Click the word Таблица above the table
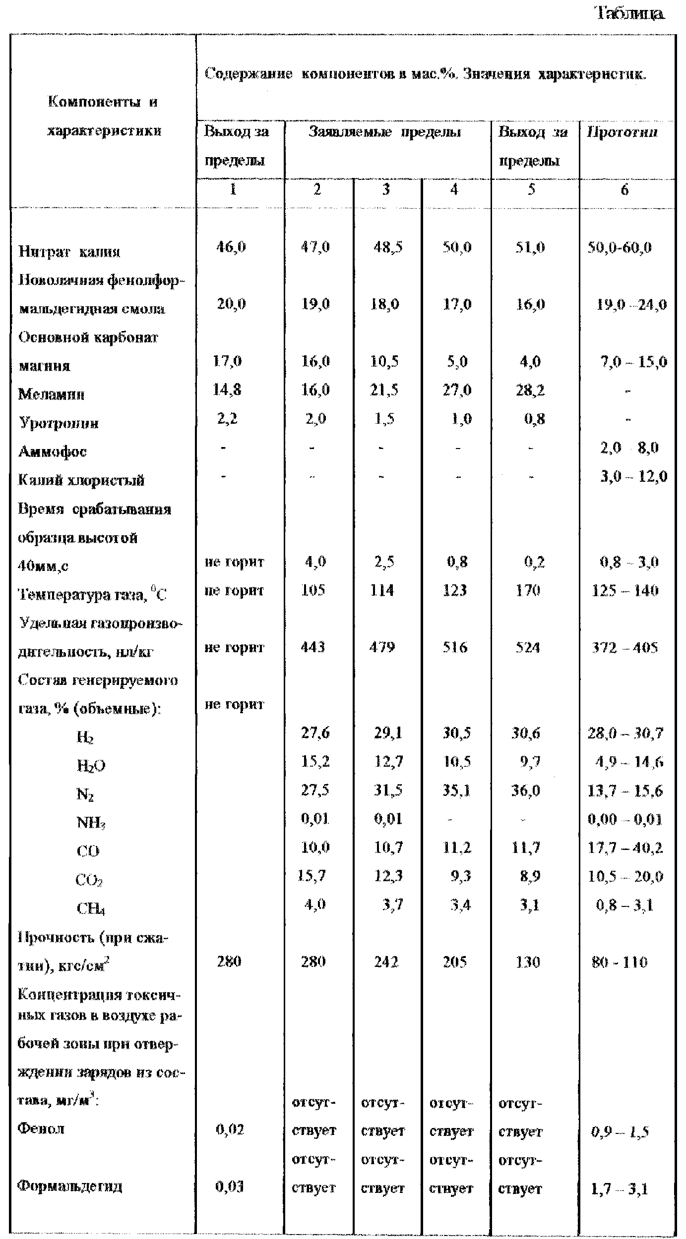point(629,13)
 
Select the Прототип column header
point(623,132)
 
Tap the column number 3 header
point(386,189)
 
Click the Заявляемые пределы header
point(385,132)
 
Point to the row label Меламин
point(52,394)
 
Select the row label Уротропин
point(59,423)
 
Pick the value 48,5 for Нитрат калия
point(388,247)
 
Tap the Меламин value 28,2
point(530,391)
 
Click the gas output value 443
point(313,647)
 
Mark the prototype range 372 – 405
point(625,647)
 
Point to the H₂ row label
point(85,737)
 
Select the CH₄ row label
point(91,908)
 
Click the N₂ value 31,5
point(388,790)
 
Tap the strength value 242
point(386,962)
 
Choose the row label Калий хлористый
point(81,480)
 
